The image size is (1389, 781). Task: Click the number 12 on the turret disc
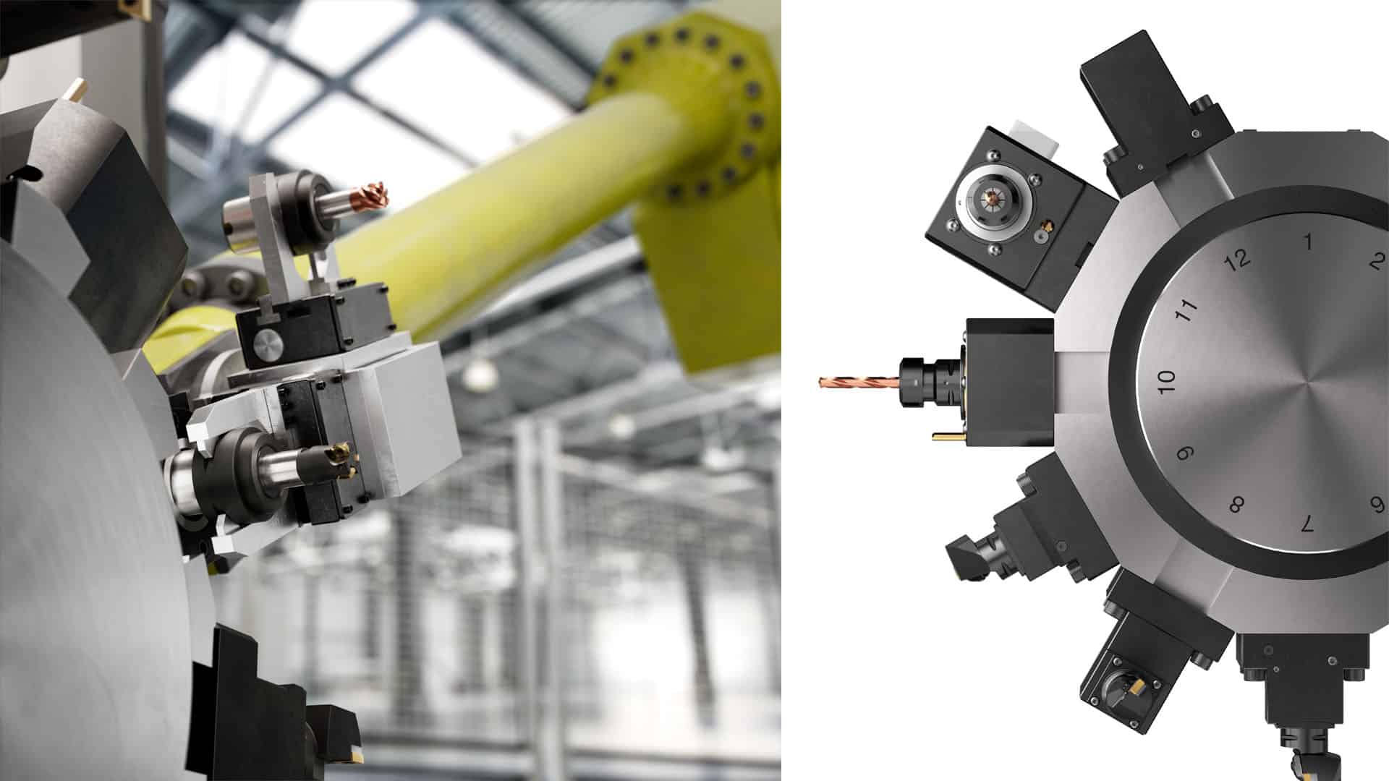coord(1239,259)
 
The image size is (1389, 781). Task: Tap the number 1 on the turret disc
coord(1308,241)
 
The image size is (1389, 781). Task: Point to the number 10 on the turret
coord(1166,381)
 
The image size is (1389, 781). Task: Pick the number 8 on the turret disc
coord(1236,504)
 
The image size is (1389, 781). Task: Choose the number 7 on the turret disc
coord(1307,524)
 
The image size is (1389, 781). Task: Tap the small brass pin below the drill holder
coord(946,436)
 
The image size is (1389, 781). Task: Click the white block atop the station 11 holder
coord(1035,137)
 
